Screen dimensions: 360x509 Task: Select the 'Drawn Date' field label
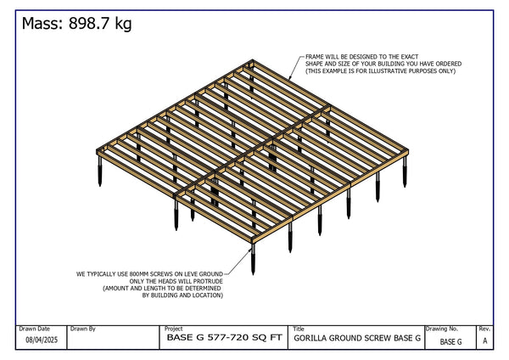(x=34, y=328)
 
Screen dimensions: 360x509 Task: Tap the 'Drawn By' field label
(x=83, y=328)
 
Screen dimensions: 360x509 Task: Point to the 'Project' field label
(x=173, y=328)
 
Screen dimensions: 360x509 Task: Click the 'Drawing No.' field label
(x=442, y=328)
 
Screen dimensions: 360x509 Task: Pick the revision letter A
(x=484, y=341)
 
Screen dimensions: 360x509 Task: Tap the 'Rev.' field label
(x=484, y=328)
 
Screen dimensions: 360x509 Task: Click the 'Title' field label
(x=299, y=328)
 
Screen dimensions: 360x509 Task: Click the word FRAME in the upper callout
(x=316, y=56)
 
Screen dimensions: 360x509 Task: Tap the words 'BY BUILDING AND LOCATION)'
(x=182, y=295)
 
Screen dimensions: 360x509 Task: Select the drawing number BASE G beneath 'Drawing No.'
(x=450, y=341)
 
